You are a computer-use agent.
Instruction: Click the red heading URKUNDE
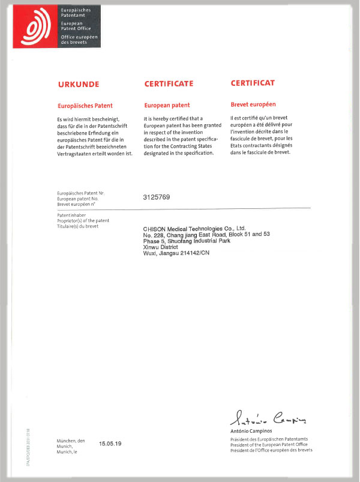pyautogui.click(x=78, y=84)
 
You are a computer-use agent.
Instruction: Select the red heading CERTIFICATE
pyautogui.click(x=169, y=84)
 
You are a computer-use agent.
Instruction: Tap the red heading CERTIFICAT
pyautogui.click(x=253, y=84)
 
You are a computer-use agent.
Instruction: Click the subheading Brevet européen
pyautogui.click(x=254, y=105)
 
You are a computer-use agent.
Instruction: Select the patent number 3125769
pyautogui.click(x=157, y=197)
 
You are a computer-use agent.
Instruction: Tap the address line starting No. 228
pyautogui.click(x=206, y=235)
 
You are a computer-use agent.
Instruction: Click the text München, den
pyautogui.click(x=71, y=441)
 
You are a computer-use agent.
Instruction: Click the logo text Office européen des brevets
pyautogui.click(x=74, y=40)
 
